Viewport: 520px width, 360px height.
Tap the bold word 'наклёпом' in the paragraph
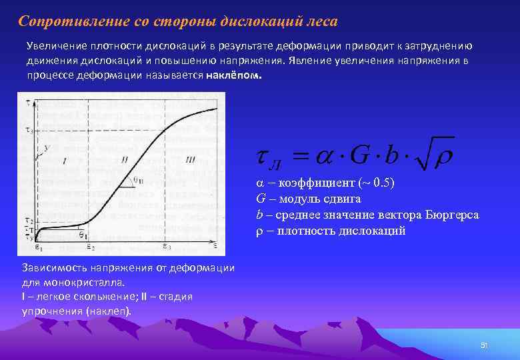pyautogui.click(x=234, y=75)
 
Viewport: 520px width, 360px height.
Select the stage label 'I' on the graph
pyautogui.click(x=65, y=160)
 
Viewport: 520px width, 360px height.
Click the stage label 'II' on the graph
pyautogui.click(x=125, y=159)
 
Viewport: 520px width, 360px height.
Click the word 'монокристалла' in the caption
pyautogui.click(x=79, y=282)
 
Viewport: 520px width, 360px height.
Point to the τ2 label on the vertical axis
pyautogui.click(x=29, y=220)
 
